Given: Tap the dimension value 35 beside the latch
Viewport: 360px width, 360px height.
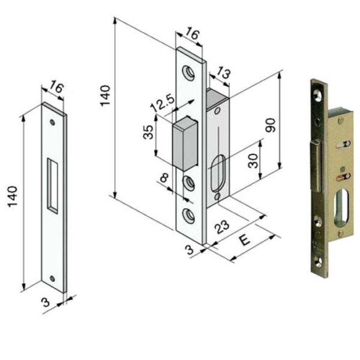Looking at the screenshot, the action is coord(148,132).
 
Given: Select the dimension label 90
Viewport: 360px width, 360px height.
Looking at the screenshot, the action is coord(271,125).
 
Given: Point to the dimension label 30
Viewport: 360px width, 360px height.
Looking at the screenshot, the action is coord(253,161).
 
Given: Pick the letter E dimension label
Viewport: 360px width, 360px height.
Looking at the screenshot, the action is coord(245,240).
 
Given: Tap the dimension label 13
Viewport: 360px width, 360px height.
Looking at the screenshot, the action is coord(222,73).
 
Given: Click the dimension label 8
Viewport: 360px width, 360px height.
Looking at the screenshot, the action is coord(164,178).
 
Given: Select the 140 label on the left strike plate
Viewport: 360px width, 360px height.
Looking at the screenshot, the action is coord(12,197).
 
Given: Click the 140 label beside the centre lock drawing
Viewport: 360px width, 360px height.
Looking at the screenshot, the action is coord(105,96).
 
